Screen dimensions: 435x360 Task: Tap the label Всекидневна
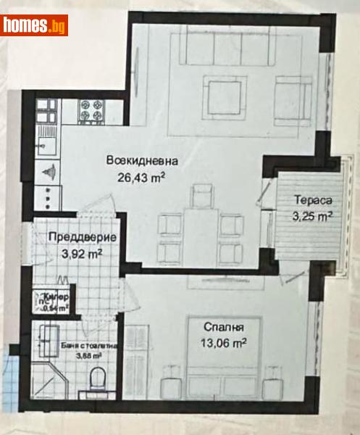[141, 161]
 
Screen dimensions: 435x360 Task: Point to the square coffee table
[217, 92]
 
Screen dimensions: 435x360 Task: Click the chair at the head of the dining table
[201, 194]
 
